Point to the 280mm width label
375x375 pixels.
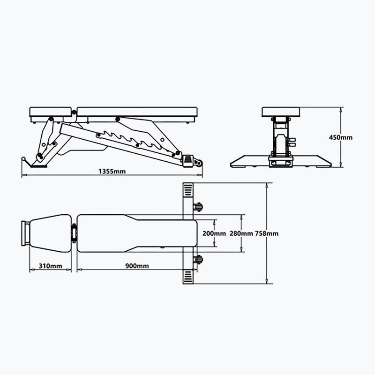[x=242, y=233]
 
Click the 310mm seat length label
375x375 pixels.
[x=50, y=266]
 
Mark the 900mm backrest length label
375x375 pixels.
[x=137, y=266]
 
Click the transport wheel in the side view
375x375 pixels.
[x=198, y=162]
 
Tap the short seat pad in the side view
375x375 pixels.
[x=51, y=112]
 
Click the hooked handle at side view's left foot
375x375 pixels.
[x=24, y=161]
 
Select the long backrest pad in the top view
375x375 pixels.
[x=136, y=233]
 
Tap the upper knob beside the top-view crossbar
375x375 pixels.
[x=198, y=207]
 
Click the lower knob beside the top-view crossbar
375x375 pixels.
[x=198, y=259]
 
